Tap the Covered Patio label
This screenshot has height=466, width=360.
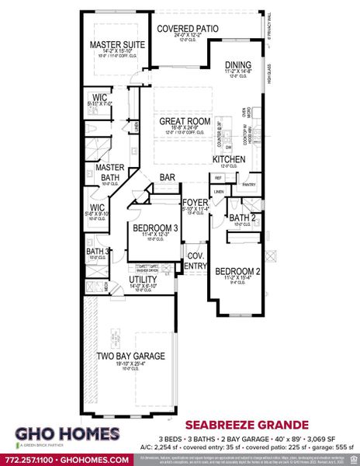(187, 28)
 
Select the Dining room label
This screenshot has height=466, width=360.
(239, 65)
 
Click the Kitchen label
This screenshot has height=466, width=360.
(229, 159)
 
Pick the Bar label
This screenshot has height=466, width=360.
(167, 177)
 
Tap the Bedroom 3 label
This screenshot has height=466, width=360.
(151, 228)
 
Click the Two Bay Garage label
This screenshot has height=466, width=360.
(130, 356)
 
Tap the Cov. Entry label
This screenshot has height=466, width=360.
(195, 260)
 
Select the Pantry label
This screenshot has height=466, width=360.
(248, 185)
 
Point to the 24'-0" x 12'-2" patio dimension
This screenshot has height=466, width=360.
(187, 36)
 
